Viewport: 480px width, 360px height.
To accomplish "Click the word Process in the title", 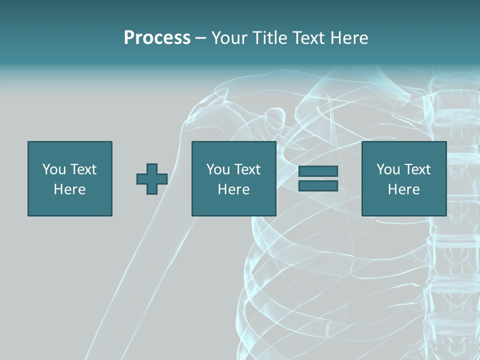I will click(157, 38).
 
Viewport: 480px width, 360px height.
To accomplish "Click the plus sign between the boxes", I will click(152, 179).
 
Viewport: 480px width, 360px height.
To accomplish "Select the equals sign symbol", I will click(318, 178).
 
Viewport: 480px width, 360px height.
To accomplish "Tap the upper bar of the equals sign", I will click(318, 171).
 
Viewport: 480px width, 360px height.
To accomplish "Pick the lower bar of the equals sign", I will click(318, 185).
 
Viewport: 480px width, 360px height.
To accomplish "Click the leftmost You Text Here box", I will click(69, 178).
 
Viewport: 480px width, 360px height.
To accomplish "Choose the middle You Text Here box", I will click(233, 178).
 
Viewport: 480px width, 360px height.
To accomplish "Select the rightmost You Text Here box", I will click(403, 178).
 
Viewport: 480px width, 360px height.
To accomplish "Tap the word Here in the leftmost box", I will click(69, 189).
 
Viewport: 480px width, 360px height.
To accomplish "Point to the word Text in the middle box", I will click(247, 169).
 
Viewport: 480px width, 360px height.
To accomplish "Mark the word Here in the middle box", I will click(233, 189).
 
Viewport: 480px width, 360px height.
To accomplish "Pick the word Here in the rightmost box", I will click(403, 189).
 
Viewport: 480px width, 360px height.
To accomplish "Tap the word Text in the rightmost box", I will click(417, 169).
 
